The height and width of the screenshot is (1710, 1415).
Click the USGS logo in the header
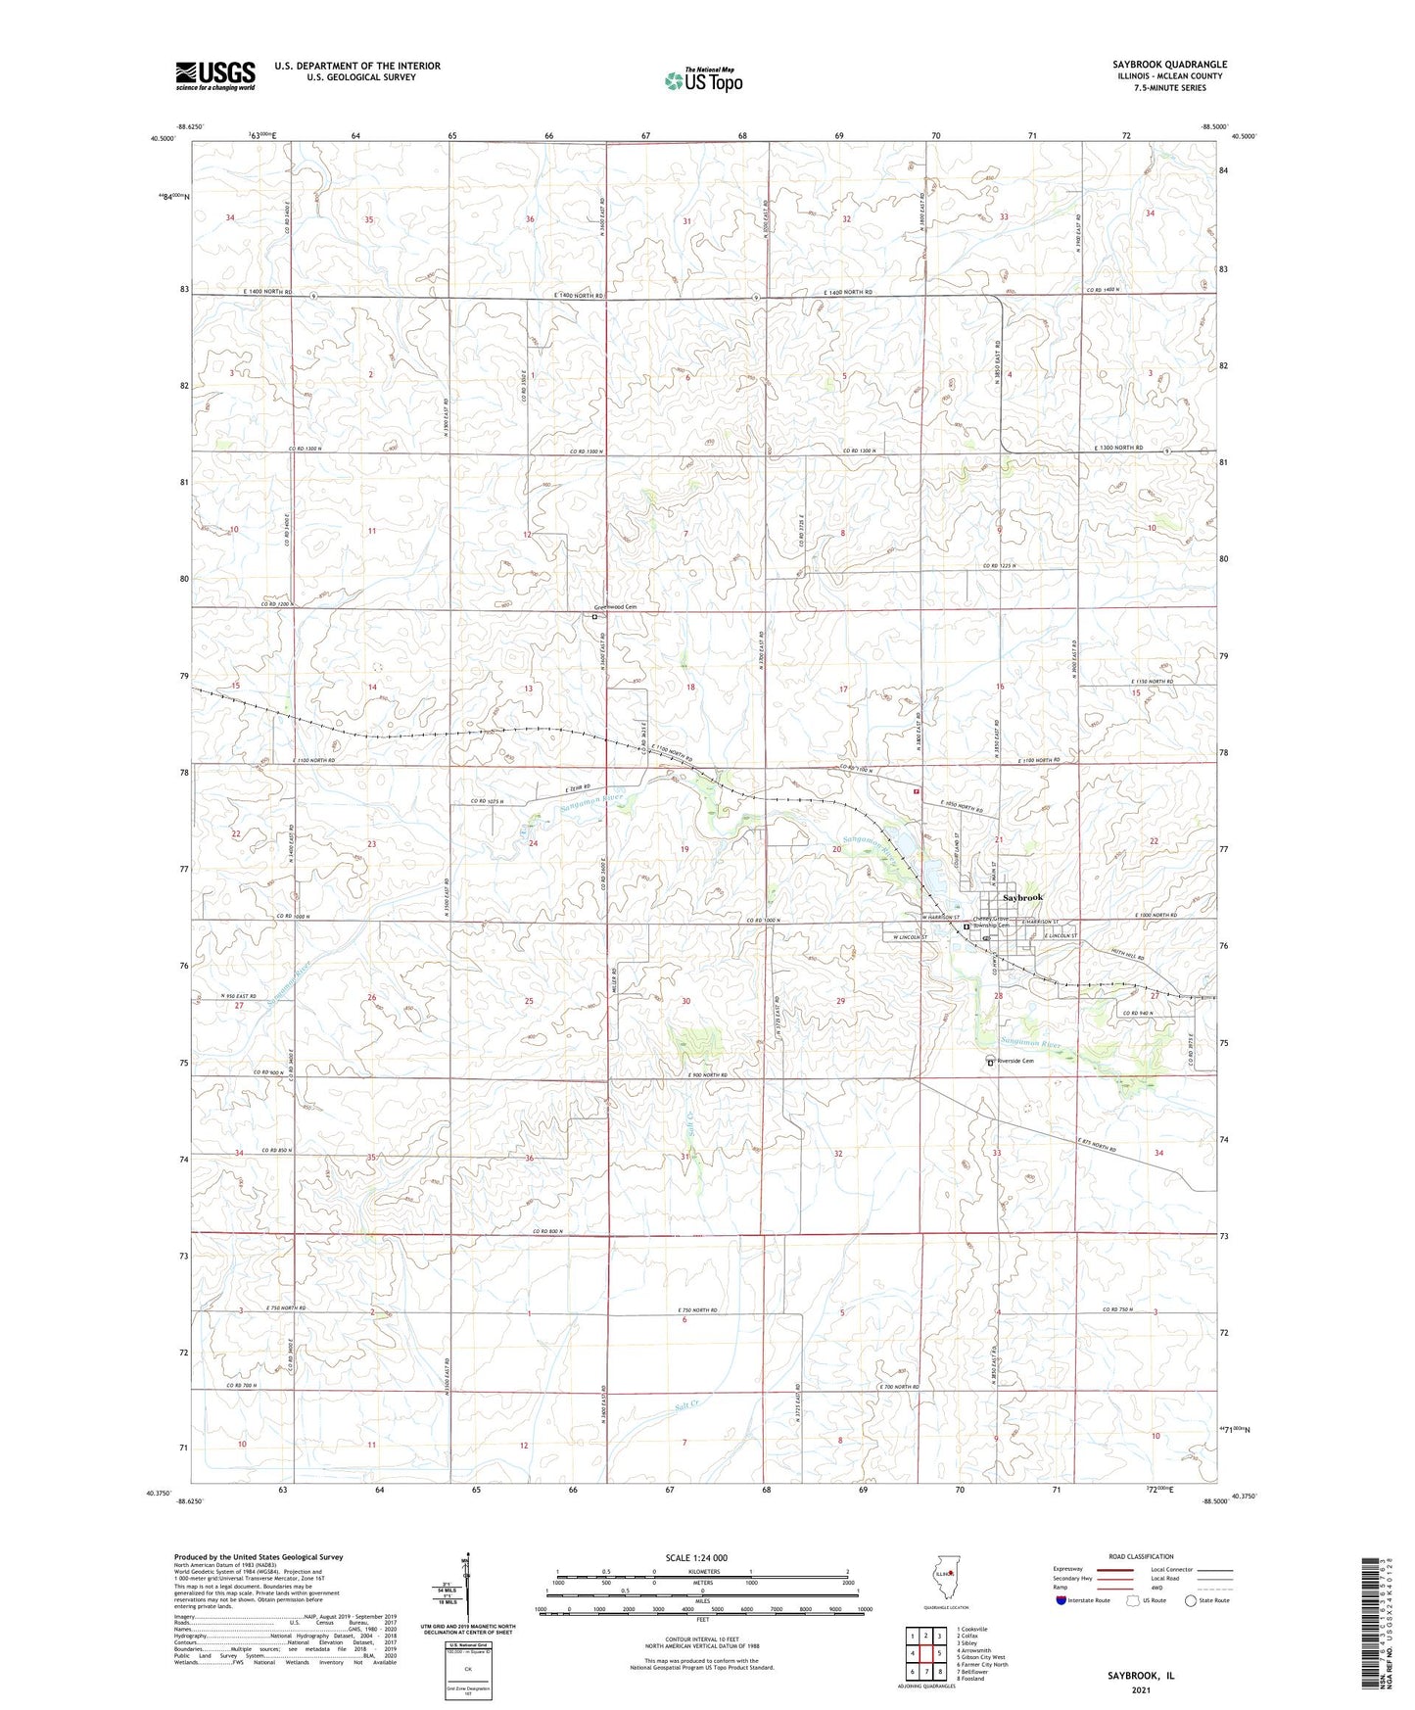pos(215,74)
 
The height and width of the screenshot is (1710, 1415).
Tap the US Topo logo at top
pos(703,80)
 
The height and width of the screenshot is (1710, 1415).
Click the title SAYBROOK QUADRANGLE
pos(1169,65)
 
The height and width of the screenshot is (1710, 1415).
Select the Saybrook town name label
pos(1021,897)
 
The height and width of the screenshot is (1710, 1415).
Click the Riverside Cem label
pos(1014,1060)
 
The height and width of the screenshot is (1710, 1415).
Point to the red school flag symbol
pos(918,791)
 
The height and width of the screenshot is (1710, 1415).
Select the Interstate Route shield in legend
pos(1061,1600)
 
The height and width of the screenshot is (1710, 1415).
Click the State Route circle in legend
pos(1190,1600)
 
